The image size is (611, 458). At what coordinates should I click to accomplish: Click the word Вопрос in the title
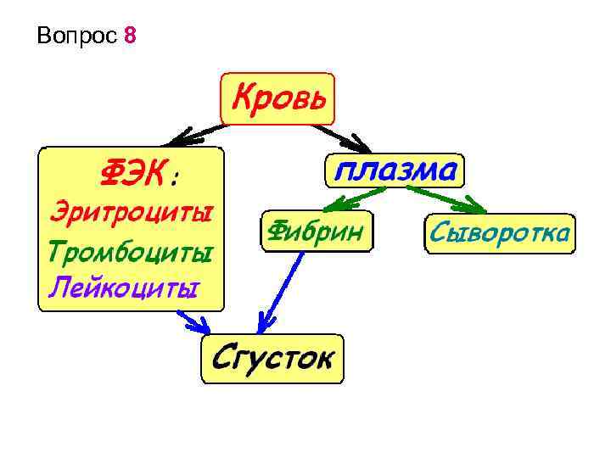pyautogui.click(x=76, y=36)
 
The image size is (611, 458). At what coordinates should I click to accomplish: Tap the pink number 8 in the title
pyautogui.click(x=129, y=36)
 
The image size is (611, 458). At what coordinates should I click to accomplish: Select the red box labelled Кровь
pyautogui.click(x=278, y=98)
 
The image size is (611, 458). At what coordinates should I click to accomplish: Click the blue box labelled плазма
pyautogui.click(x=395, y=171)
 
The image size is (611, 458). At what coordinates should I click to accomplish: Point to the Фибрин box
pyautogui.click(x=317, y=230)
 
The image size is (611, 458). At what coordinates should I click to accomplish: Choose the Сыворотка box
pyautogui.click(x=498, y=232)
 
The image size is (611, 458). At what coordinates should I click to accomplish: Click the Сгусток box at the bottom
pyautogui.click(x=272, y=358)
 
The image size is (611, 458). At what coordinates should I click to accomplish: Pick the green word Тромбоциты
pyautogui.click(x=129, y=251)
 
